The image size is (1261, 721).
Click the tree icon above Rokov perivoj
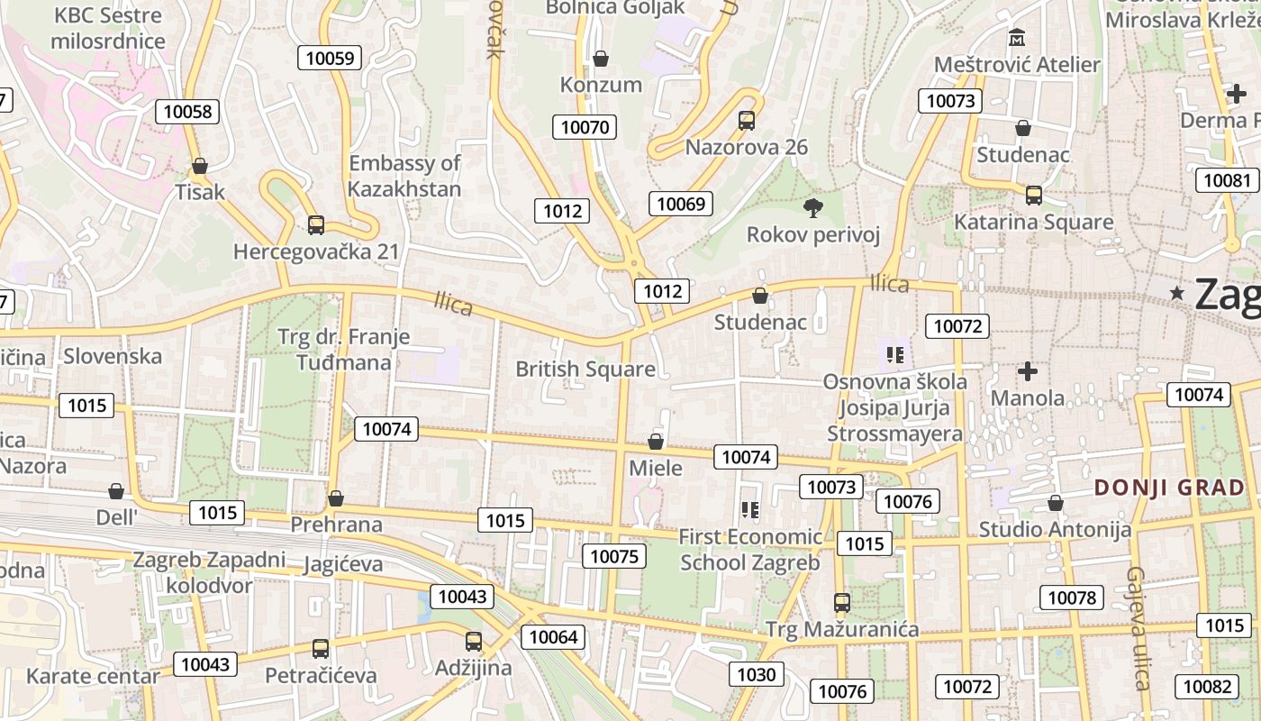[x=813, y=208]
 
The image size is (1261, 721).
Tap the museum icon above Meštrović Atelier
[x=1017, y=38]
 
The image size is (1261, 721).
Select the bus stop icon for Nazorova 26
[x=746, y=121]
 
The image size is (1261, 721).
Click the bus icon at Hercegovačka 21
[x=315, y=225]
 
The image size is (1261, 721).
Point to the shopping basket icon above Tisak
[x=200, y=166]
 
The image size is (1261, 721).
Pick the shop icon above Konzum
[x=601, y=59]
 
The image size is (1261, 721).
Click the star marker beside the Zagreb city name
[x=1176, y=293]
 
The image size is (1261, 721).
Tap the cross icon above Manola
[x=1027, y=371]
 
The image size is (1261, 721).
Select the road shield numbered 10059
[x=330, y=59]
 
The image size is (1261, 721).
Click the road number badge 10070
[x=585, y=127]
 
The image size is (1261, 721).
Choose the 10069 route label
[x=681, y=204]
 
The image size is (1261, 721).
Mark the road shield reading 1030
[x=756, y=674]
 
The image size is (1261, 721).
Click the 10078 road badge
[x=1072, y=598]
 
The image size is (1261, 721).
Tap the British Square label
[x=585, y=369]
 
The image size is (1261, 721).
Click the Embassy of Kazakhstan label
[x=404, y=176]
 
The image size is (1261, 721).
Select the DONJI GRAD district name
[x=1169, y=488]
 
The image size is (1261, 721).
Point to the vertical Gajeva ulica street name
[x=1138, y=628]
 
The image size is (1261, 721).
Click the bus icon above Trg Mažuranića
[x=842, y=602]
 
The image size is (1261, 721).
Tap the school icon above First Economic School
[x=749, y=510]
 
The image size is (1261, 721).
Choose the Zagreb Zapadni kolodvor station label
[x=209, y=572]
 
